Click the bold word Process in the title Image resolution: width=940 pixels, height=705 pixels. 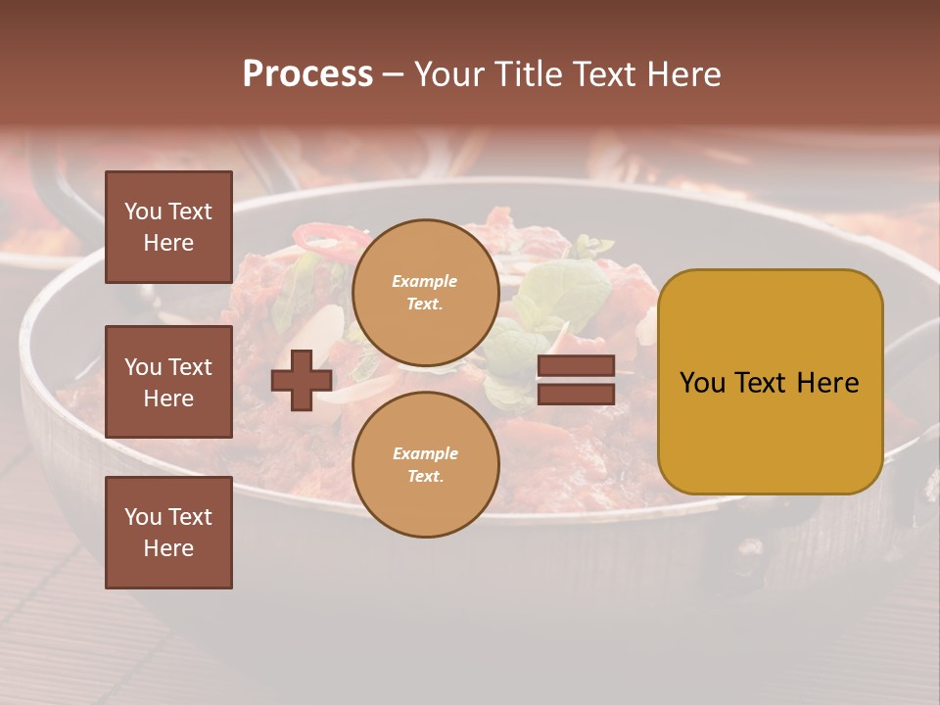click(307, 74)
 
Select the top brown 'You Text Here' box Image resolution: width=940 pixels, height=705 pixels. click(168, 227)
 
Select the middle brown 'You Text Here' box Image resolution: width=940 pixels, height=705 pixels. click(168, 382)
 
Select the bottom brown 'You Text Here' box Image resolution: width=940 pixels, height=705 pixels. click(168, 533)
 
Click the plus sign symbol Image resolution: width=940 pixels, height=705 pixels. click(302, 380)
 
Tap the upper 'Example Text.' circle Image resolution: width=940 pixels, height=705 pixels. click(425, 293)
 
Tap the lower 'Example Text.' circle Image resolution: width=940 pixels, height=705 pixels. click(425, 465)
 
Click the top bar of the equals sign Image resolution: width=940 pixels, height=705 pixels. click(576, 366)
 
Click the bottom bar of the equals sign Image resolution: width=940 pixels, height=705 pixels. click(576, 394)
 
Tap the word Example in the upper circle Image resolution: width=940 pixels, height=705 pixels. click(425, 282)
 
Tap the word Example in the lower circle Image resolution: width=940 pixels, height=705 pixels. click(425, 454)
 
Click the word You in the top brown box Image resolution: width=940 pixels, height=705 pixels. click(143, 211)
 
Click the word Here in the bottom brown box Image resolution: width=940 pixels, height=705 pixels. click(168, 548)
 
